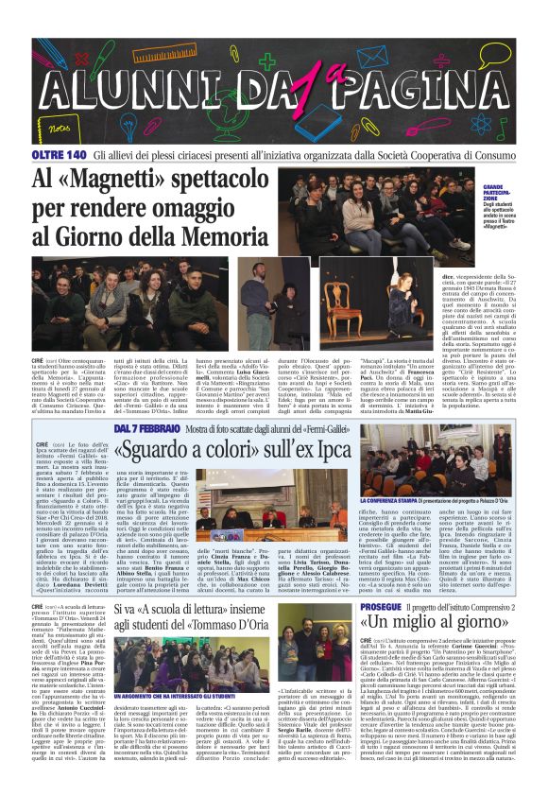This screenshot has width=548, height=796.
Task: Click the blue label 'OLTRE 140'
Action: point(60,153)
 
